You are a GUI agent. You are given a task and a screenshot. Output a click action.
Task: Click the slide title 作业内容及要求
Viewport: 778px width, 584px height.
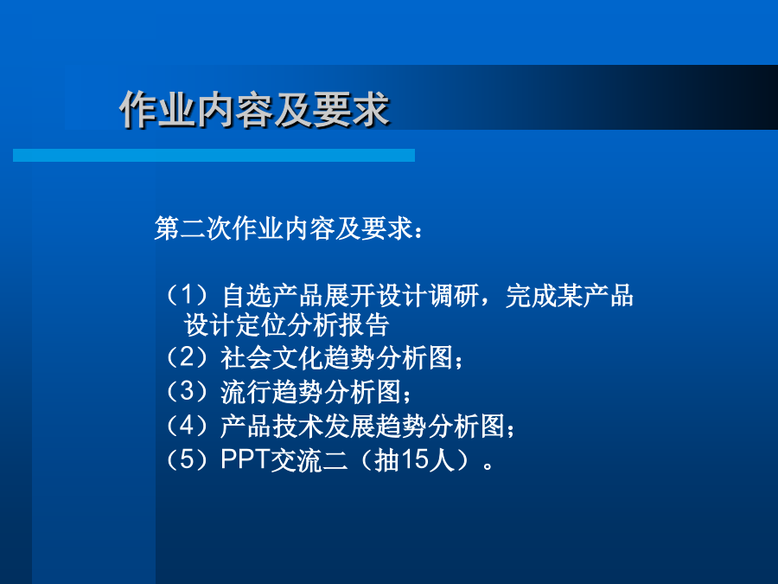(x=254, y=109)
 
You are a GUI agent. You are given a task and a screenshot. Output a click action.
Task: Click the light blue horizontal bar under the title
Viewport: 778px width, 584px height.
(x=214, y=155)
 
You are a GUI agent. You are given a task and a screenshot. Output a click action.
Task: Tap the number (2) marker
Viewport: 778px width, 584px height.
(x=187, y=357)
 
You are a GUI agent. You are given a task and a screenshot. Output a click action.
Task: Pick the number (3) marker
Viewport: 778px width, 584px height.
(x=187, y=391)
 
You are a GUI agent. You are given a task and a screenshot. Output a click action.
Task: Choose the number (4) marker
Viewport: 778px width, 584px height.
(x=187, y=426)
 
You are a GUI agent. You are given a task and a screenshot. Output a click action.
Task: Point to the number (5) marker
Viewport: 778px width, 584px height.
(x=187, y=460)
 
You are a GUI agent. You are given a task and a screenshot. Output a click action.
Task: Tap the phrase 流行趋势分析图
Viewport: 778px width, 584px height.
(x=311, y=392)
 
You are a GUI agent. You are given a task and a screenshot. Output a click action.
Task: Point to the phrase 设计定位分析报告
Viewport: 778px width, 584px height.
(x=286, y=325)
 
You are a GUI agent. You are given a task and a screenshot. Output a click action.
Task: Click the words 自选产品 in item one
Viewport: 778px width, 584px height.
(x=272, y=296)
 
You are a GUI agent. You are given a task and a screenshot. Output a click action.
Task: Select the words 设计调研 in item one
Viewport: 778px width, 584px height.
(x=427, y=296)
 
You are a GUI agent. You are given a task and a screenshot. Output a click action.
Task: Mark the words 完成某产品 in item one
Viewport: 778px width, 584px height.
(x=570, y=296)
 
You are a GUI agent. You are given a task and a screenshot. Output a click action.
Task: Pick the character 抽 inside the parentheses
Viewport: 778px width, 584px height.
(x=387, y=460)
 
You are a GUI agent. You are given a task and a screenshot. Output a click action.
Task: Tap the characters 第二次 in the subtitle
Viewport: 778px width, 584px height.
(x=193, y=228)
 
